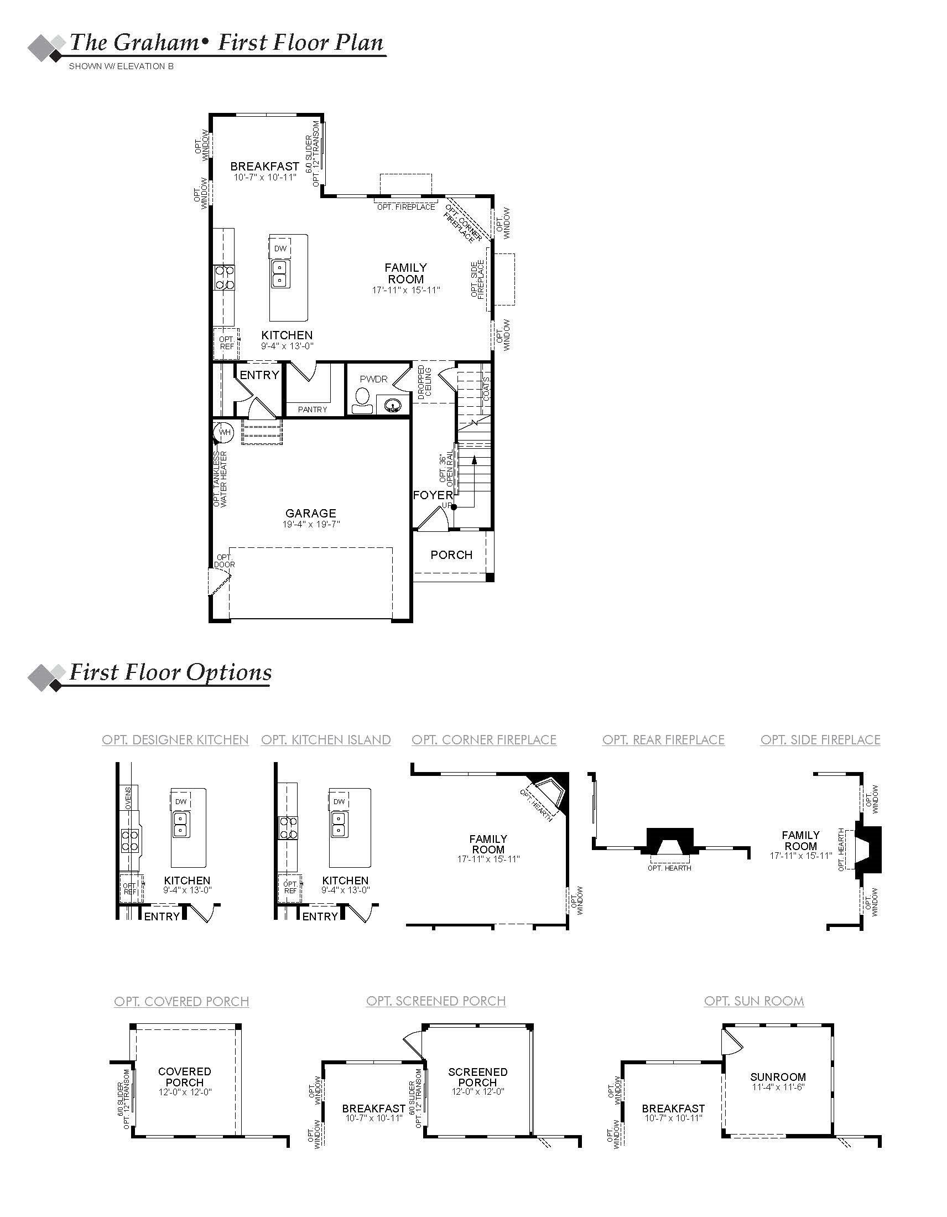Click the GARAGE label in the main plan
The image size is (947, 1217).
pos(310,513)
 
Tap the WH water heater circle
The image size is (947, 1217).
pos(224,432)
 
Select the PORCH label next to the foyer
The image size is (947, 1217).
pos(451,555)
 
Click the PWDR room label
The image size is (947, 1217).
pos(373,380)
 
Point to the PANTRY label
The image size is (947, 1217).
pos(313,410)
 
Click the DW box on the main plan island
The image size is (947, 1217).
pos(280,248)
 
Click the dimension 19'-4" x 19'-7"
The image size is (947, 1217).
pos(311,524)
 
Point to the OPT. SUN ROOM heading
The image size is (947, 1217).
pos(754,1001)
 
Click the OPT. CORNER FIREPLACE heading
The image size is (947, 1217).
pos(483,740)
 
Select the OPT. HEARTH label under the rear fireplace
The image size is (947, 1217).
pos(669,868)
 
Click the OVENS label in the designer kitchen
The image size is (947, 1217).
pos(128,798)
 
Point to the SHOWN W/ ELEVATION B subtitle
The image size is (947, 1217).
pos(121,66)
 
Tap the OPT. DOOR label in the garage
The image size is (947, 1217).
pos(225,561)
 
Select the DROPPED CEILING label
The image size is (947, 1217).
pos(424,382)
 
